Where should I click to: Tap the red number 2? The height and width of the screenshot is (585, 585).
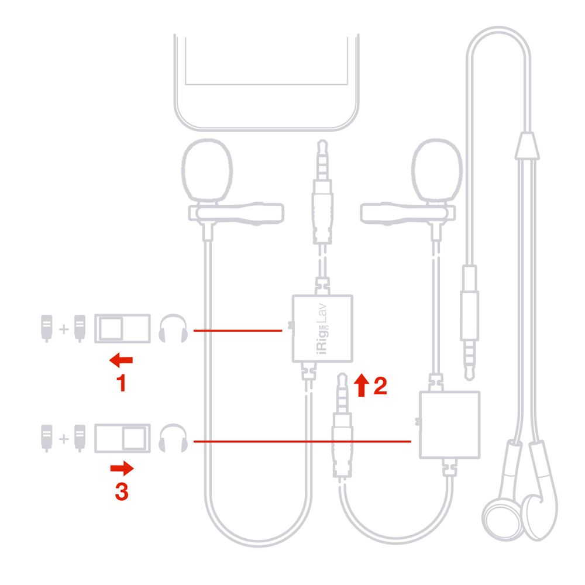point(380,386)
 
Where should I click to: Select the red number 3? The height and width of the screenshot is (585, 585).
point(121,491)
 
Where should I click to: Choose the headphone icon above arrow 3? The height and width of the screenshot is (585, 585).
point(173,439)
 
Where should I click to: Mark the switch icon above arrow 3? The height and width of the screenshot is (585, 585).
point(123,439)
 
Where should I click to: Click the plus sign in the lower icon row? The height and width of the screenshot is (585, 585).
point(63,439)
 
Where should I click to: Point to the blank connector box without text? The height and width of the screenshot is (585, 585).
point(450,425)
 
